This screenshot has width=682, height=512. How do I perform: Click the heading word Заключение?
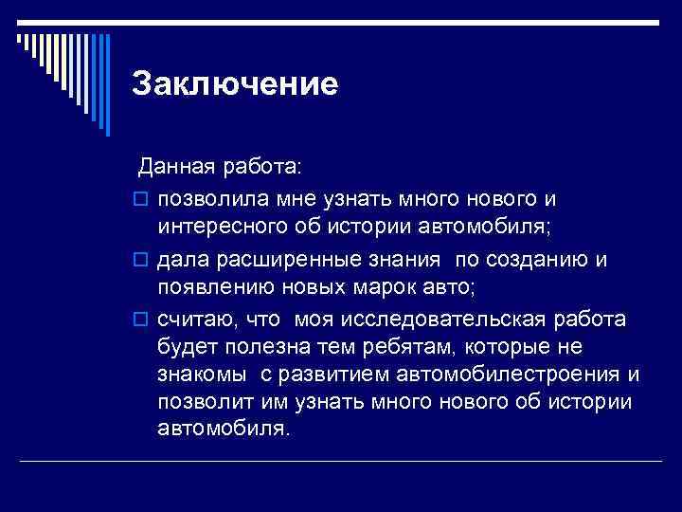pos(235,84)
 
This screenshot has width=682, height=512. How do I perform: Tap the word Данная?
pos(171,168)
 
